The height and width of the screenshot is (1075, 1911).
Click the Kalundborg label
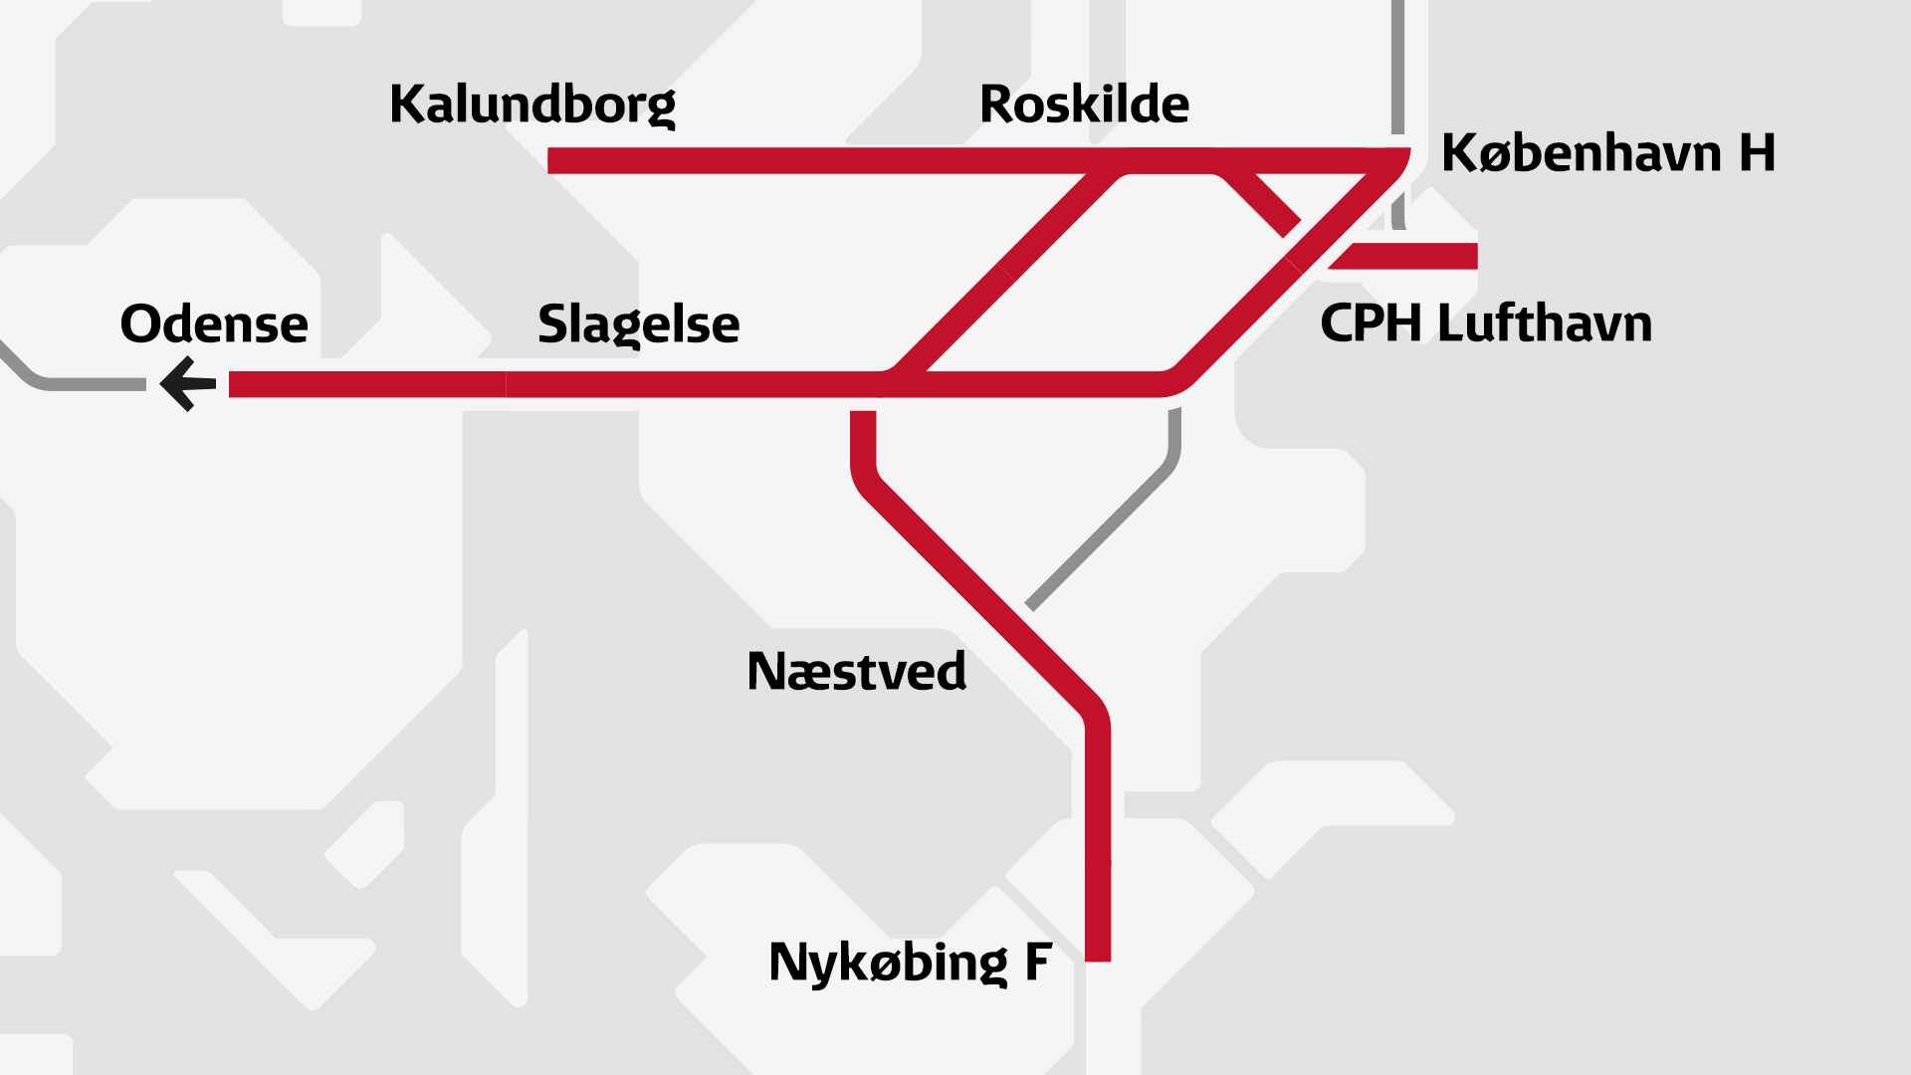pos(532,105)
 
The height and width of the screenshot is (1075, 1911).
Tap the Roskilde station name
pos(1084,104)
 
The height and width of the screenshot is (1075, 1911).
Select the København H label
pos(1607,153)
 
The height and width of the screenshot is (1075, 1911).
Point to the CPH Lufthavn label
pos(1485,323)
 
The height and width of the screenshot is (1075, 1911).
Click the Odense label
pos(214,324)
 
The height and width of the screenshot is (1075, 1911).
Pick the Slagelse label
pos(638,324)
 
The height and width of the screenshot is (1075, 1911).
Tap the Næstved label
pos(856,672)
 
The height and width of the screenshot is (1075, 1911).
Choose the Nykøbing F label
pos(910,963)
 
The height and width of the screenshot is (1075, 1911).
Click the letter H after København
pos(1757,153)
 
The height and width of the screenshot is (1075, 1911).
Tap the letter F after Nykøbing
pos(1038,963)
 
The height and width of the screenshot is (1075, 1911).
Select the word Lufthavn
pos(1545,323)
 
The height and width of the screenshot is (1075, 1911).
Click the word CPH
pos(1371,323)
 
